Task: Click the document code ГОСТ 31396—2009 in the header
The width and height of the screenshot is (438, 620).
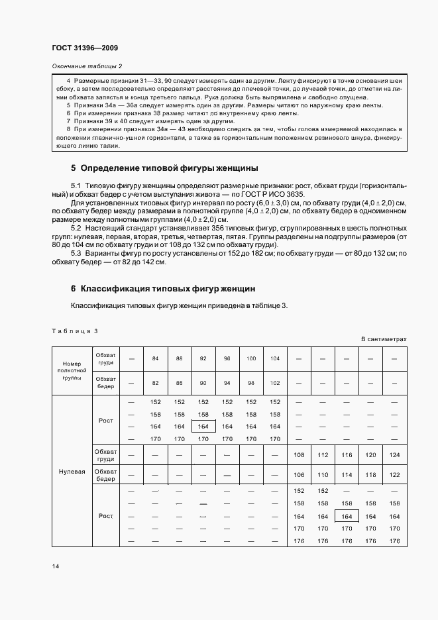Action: click(x=84, y=48)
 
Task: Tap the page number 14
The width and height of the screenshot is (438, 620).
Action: click(x=55, y=566)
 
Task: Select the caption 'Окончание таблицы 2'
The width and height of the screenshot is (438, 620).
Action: click(x=87, y=66)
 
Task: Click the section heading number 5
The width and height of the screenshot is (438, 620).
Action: click(x=74, y=168)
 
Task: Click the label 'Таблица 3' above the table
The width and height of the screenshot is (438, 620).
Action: click(x=74, y=331)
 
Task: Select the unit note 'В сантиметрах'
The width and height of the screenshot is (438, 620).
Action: click(x=384, y=339)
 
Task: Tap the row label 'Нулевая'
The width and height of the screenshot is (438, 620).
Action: click(x=72, y=472)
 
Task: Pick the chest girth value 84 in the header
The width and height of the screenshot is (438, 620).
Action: click(x=155, y=358)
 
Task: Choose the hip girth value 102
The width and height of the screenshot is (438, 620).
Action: click(x=275, y=383)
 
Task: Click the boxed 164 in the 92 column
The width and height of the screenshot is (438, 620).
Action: click(x=203, y=427)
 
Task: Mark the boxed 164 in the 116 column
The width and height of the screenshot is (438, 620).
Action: click(x=347, y=516)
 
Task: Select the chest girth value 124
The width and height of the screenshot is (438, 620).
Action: click(x=395, y=455)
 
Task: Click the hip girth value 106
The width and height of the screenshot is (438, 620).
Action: click(x=299, y=475)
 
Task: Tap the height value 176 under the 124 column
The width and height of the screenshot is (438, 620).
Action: click(x=395, y=541)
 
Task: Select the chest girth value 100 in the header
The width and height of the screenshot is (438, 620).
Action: click(x=251, y=358)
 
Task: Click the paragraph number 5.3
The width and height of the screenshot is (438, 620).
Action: click(x=76, y=253)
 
